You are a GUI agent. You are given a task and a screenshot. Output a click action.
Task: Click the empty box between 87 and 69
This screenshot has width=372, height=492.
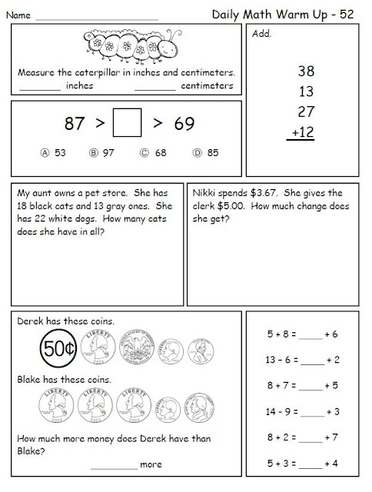pyautogui.click(x=127, y=124)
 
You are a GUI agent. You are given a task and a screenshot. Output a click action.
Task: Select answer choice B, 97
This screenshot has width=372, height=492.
pyautogui.click(x=105, y=153)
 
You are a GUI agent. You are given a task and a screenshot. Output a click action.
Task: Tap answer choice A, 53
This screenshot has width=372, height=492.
pyautogui.click(x=51, y=153)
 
